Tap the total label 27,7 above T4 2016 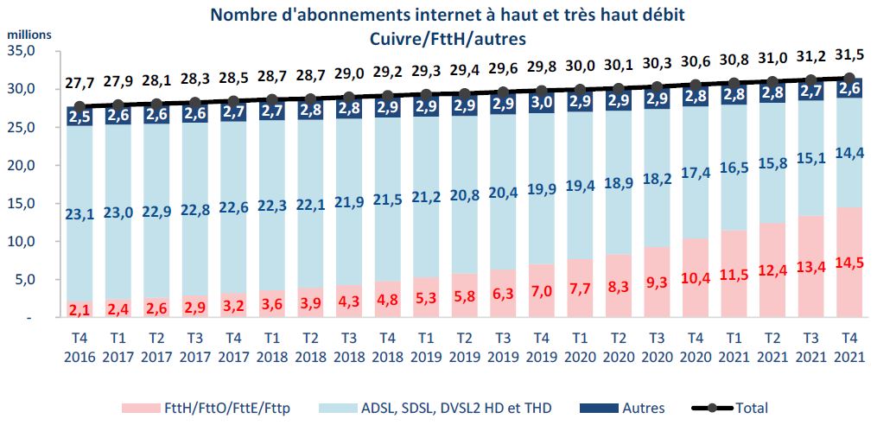(x=79, y=83)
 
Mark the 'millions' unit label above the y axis (x=29, y=36)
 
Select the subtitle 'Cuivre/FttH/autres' (x=447, y=38)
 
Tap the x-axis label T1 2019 (x=425, y=345)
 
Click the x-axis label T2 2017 (x=156, y=345)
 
